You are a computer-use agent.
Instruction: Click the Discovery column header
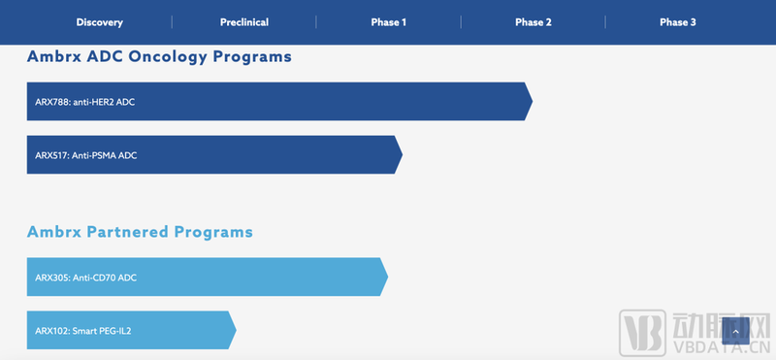coord(100,22)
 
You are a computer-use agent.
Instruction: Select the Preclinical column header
coord(244,22)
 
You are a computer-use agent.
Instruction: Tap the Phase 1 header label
coord(389,22)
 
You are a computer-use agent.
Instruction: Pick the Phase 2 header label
coord(533,22)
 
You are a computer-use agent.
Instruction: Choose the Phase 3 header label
coord(677,22)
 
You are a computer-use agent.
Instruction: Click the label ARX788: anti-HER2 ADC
coord(84,102)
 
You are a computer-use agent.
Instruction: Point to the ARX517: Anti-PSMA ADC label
coord(85,155)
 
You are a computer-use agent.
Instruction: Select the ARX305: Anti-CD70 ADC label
coord(85,278)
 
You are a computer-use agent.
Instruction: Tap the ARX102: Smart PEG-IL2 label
coord(83,331)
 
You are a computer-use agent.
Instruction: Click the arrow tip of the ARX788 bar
coord(533,102)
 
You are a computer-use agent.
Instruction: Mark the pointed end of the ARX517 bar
coord(403,154)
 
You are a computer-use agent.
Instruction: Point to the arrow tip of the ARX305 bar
coord(388,277)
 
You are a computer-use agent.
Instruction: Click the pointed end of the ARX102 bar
coord(236,330)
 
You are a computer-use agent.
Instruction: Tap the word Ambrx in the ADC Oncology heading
coord(54,56)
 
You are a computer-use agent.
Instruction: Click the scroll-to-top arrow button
coord(735,331)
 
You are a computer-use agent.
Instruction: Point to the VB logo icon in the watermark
coord(642,333)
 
